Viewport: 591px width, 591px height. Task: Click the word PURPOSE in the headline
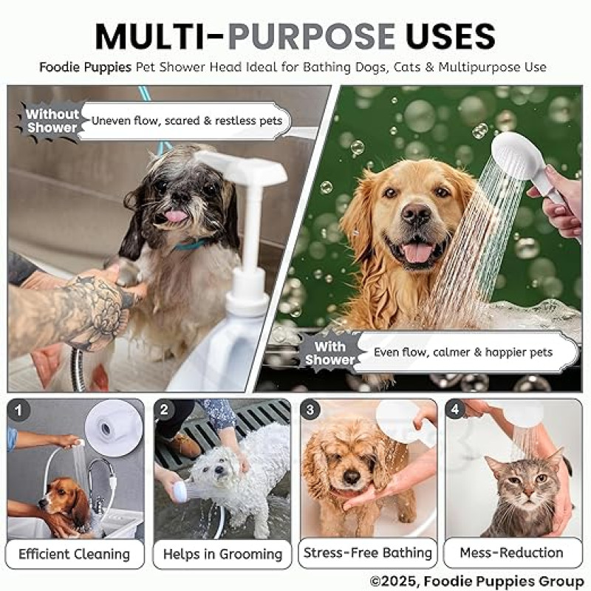coord(311,36)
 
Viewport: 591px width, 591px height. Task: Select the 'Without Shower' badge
coord(51,121)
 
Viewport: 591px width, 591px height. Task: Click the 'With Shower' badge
coord(330,353)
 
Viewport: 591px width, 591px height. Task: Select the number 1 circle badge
coord(19,410)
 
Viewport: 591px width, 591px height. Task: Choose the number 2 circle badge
coord(164,410)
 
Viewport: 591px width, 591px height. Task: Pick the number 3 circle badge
coord(310,410)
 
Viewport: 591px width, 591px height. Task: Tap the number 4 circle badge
coord(455,410)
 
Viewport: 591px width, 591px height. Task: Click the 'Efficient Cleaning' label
coord(75,553)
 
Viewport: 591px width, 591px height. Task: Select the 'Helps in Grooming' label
coord(222,553)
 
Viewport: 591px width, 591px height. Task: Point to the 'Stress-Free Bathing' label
coord(368,553)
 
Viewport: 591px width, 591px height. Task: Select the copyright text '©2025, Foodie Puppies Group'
coord(476,581)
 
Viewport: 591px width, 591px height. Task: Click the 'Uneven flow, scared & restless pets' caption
coord(187,120)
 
